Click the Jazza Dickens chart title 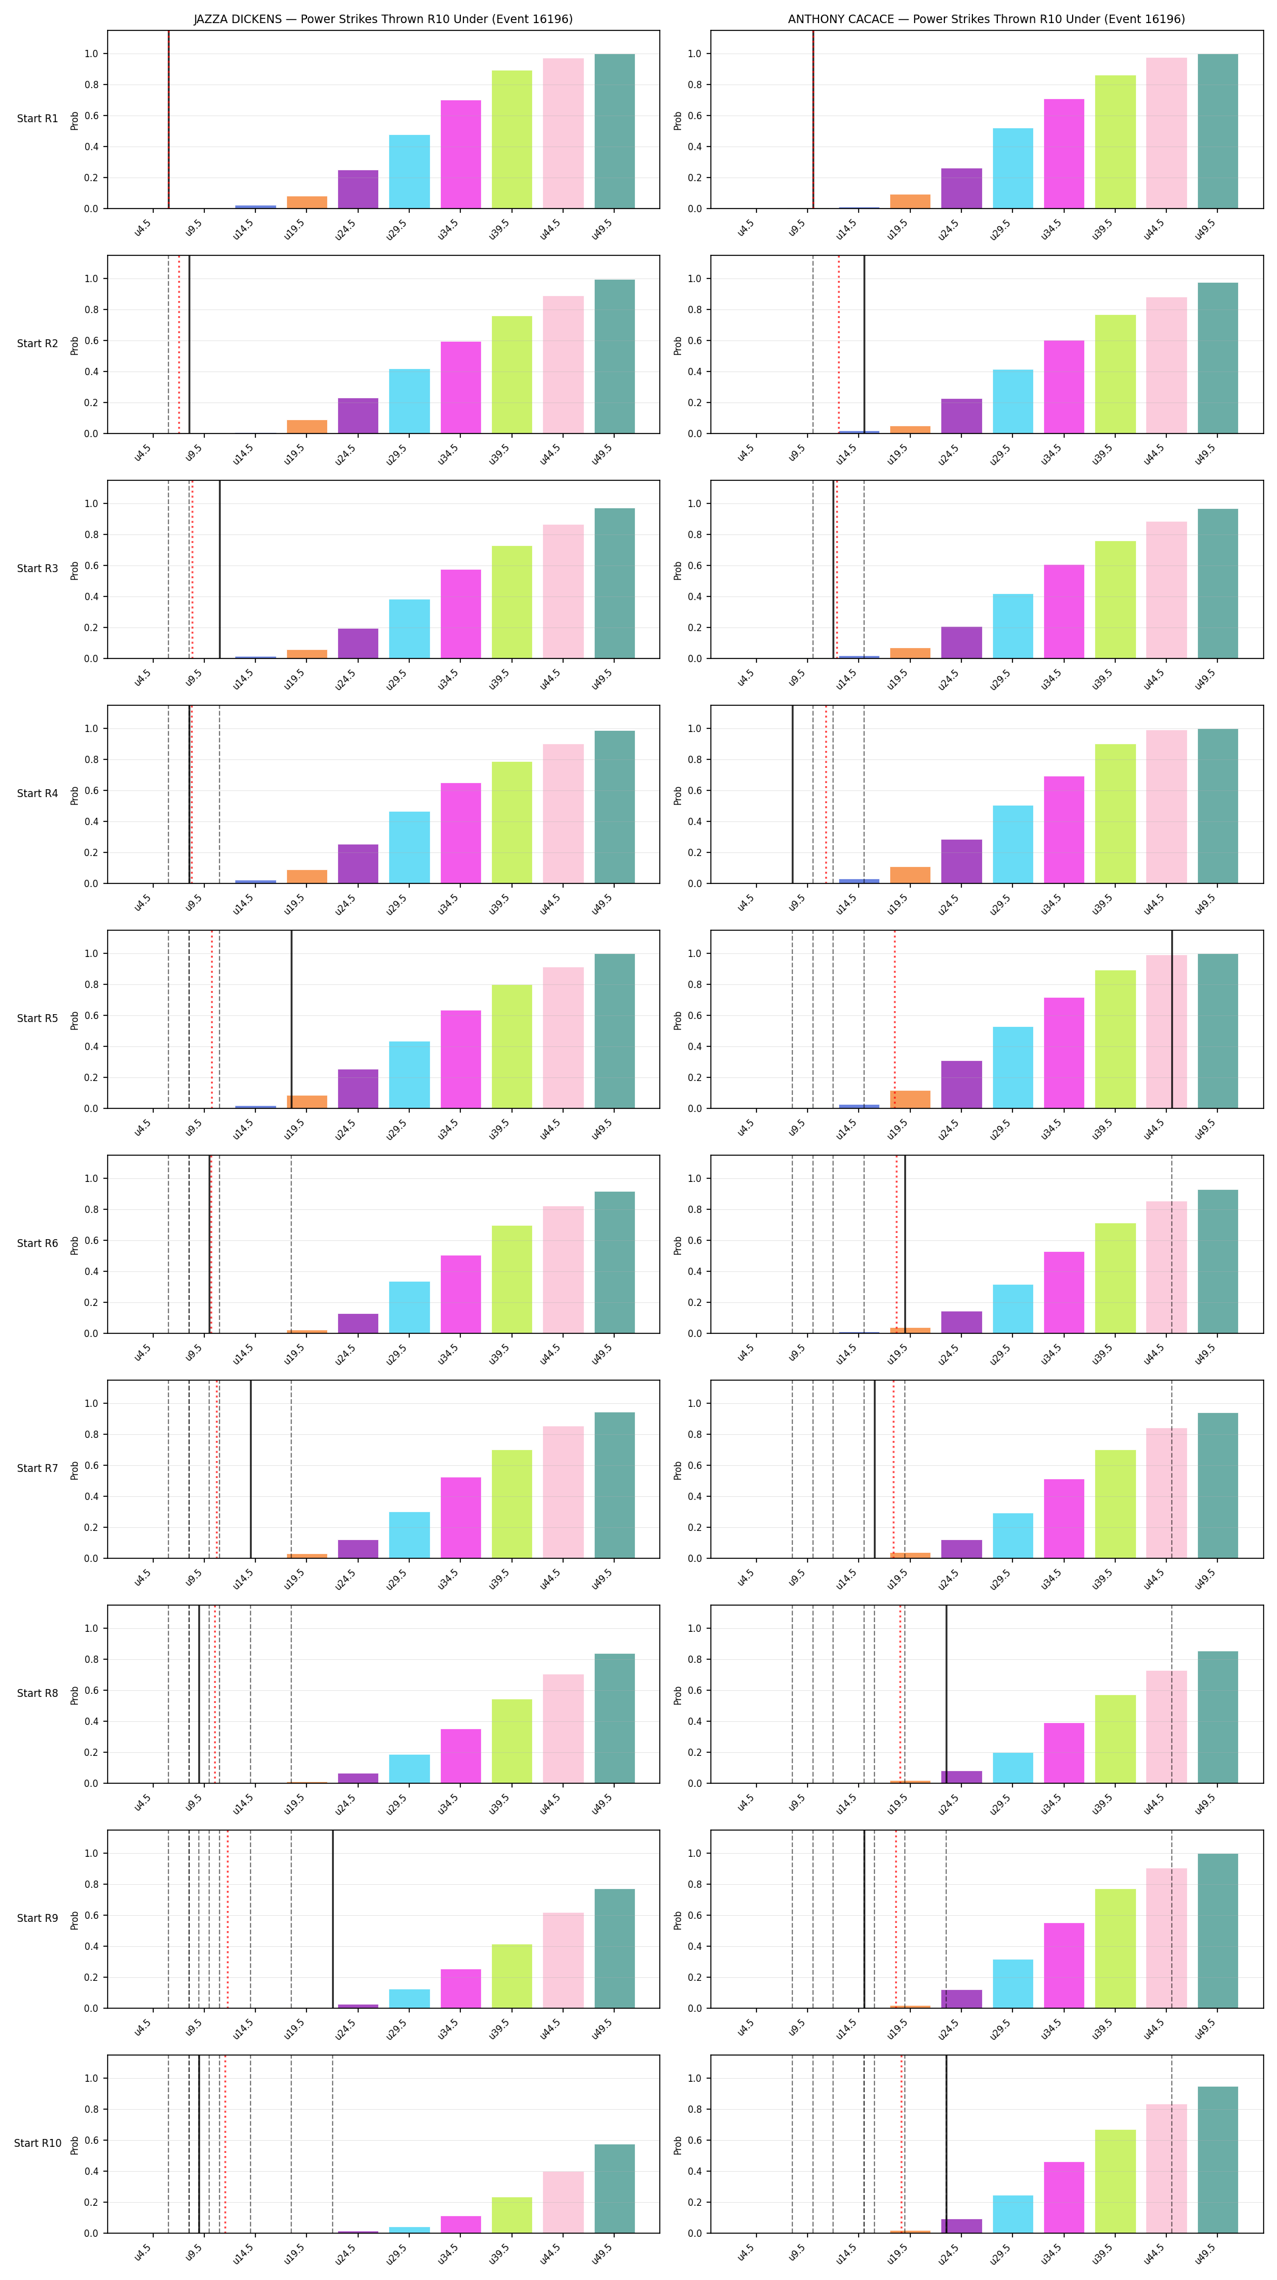point(383,19)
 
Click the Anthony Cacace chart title point(986,19)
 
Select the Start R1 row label point(37,119)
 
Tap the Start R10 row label point(37,2143)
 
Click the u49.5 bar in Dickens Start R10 point(614,2188)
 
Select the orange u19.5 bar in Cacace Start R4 point(910,876)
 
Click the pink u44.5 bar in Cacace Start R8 point(1166,1727)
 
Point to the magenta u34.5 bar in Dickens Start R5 point(461,1060)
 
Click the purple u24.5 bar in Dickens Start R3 point(358,643)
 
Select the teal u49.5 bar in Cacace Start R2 point(1217,359)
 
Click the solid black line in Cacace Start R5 point(1172,1020)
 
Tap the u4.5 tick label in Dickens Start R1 point(142,229)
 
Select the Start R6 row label point(37,1243)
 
